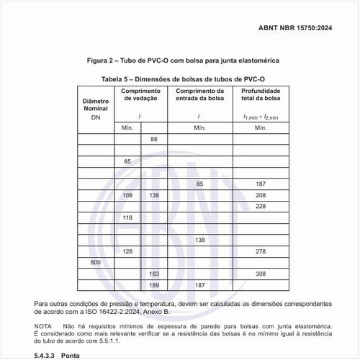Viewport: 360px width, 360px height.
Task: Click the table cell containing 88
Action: [153, 138]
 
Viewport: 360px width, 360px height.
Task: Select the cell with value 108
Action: [127, 196]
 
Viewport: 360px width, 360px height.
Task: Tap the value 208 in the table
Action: [261, 196]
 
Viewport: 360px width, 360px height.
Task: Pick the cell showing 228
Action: [261, 207]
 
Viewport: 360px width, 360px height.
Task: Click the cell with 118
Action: [127, 217]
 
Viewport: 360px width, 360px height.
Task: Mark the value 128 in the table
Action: [127, 251]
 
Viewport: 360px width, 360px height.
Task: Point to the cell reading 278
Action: [261, 251]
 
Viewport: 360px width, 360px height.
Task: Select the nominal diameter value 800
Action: [96, 262]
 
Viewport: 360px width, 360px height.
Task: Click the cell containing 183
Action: [153, 274]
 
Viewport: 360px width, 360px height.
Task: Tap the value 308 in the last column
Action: [261, 274]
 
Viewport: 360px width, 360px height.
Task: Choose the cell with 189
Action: [153, 285]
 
